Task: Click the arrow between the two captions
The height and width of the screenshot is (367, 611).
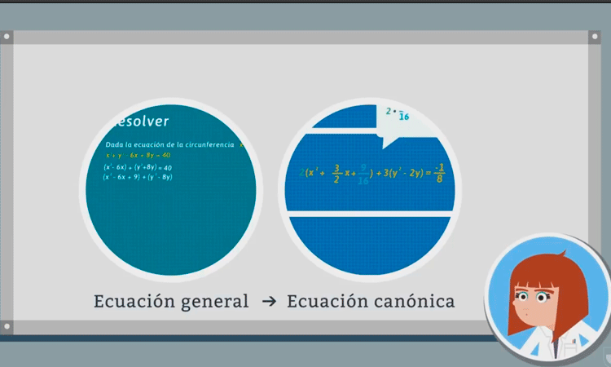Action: click(x=269, y=302)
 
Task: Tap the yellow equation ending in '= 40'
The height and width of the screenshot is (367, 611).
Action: click(x=138, y=155)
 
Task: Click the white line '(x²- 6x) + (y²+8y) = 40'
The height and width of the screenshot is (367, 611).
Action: click(x=138, y=167)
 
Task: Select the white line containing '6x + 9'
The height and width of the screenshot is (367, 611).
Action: click(x=138, y=177)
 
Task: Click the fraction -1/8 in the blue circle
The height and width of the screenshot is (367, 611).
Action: click(x=439, y=174)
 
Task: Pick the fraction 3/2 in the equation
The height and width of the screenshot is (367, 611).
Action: click(x=336, y=174)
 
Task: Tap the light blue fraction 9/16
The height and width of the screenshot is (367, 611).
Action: click(x=363, y=175)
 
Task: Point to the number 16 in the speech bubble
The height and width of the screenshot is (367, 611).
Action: click(x=403, y=117)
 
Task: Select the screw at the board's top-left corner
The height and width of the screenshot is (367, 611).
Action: click(x=7, y=38)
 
